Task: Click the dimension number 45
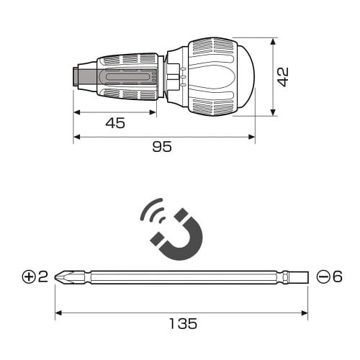(x=114, y=123)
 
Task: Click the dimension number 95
(x=162, y=146)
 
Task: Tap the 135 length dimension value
(x=182, y=323)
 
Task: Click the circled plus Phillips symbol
(x=29, y=276)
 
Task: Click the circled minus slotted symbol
(x=321, y=276)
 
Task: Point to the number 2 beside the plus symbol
(x=42, y=276)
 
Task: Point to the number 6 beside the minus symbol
(x=336, y=276)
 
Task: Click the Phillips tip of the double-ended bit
(x=63, y=276)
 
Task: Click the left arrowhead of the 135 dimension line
(x=58, y=312)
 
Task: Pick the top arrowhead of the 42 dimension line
(x=274, y=42)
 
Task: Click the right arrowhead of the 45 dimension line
(x=153, y=112)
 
